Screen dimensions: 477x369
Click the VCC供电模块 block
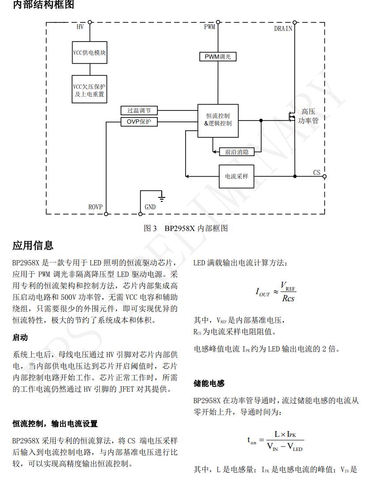(89, 53)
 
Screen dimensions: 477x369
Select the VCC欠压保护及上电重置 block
(89, 91)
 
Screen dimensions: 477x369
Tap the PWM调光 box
(218, 57)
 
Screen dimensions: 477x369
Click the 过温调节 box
(139, 110)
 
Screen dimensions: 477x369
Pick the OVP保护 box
(139, 121)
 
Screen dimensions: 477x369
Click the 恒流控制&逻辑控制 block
(218, 119)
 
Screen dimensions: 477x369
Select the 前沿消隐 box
(237, 152)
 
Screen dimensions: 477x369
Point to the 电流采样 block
(236, 176)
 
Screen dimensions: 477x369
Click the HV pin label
(80, 27)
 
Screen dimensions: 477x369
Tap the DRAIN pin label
(283, 29)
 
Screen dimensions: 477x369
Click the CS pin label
(317, 173)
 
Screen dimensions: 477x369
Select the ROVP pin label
(95, 207)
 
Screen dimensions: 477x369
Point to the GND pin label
(150, 207)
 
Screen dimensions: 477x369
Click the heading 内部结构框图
(43, 5)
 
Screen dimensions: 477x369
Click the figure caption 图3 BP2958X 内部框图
(186, 228)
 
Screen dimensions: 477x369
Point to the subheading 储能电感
(209, 384)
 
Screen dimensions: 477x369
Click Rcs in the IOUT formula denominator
(288, 298)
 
